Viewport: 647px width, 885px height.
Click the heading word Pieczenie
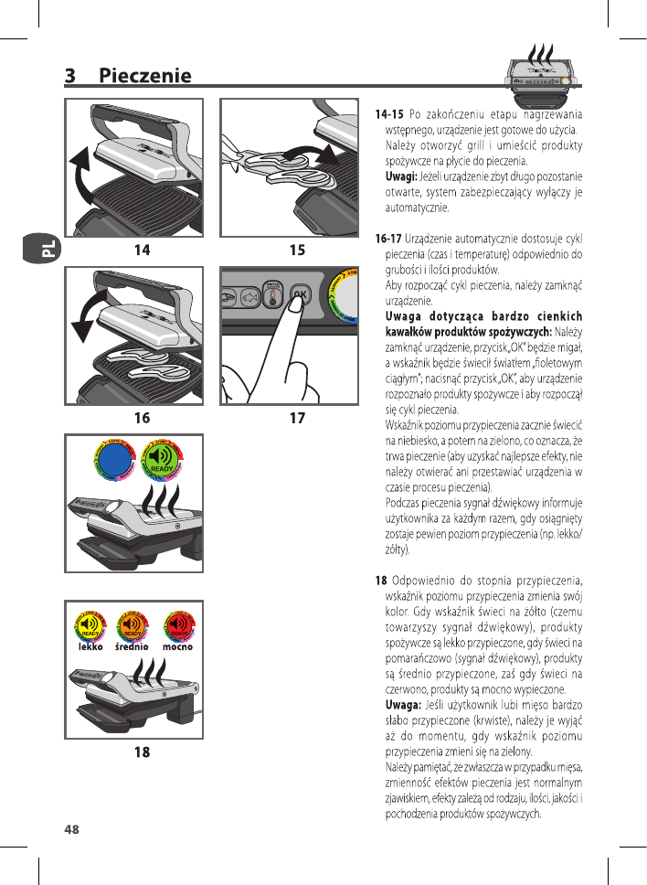pyautogui.click(x=145, y=76)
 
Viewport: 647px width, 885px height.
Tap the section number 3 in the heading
pyautogui.click(x=69, y=76)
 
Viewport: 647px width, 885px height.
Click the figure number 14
pyautogui.click(x=141, y=248)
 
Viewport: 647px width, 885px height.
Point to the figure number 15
pyautogui.click(x=297, y=248)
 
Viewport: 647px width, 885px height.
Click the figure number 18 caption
pyautogui.click(x=141, y=752)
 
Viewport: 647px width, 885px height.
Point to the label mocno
pyautogui.click(x=180, y=646)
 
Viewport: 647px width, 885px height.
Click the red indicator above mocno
pyautogui.click(x=180, y=626)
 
